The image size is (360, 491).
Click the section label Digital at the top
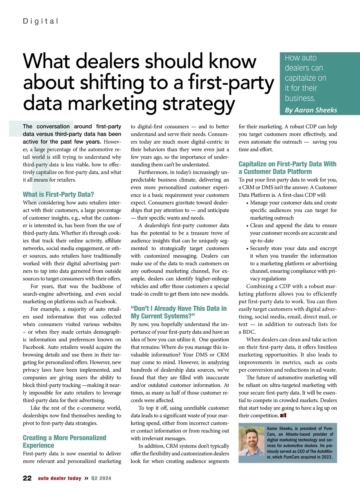pyautogui.click(x=40, y=21)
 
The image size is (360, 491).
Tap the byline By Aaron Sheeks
pyautogui.click(x=311, y=110)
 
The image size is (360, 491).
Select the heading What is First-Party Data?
pyautogui.click(x=58, y=194)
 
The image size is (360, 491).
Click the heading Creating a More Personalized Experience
pyautogui.click(x=64, y=442)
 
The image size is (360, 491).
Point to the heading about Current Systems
pyautogui.click(x=178, y=312)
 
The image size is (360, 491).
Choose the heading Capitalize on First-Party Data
pyautogui.click(x=287, y=168)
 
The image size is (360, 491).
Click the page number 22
pyautogui.click(x=27, y=478)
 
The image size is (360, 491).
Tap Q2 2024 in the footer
pyautogui.click(x=101, y=478)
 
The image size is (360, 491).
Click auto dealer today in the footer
pyautogui.click(x=59, y=478)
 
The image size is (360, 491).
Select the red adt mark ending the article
pyautogui.click(x=283, y=415)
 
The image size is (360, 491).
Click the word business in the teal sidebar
pyautogui.click(x=300, y=98)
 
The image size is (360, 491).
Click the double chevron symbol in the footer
pyautogui.click(x=86, y=478)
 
